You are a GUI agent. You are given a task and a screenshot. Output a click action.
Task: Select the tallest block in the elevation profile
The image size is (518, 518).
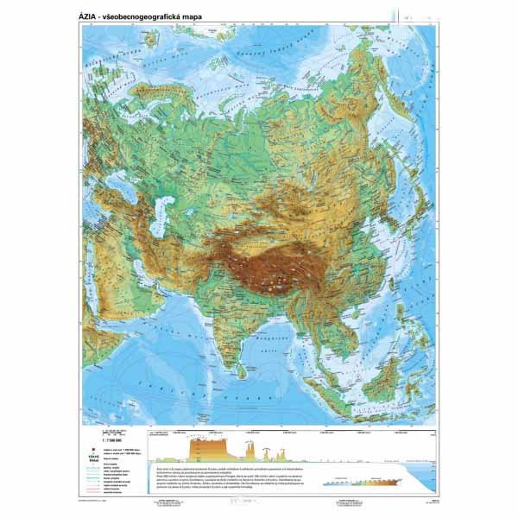[213, 448]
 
